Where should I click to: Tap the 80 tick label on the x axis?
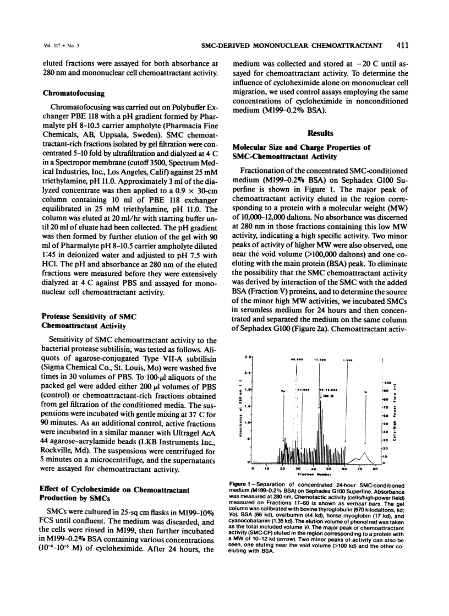pyautogui.click(x=375, y=468)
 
